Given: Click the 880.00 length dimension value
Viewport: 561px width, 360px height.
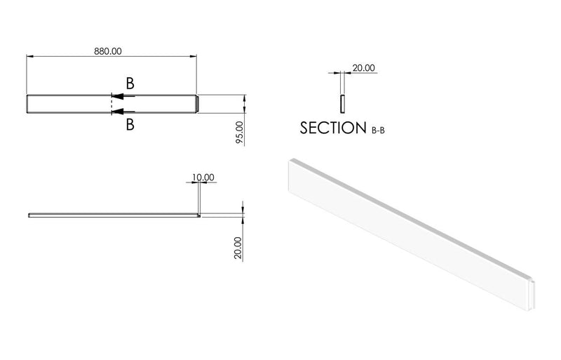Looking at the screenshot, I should click(x=108, y=51).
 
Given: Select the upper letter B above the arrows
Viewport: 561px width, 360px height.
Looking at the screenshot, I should click(x=130, y=83).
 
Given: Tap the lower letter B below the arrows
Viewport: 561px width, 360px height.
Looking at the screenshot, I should click(x=130, y=125).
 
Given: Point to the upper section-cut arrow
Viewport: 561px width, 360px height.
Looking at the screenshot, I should click(x=122, y=98).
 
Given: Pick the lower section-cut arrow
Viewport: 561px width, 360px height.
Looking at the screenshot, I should click(x=122, y=112).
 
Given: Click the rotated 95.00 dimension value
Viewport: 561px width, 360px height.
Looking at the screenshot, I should click(x=239, y=133).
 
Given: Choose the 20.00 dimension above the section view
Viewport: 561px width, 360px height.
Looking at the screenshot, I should click(x=363, y=68).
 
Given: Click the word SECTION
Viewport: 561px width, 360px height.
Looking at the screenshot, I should click(x=333, y=128).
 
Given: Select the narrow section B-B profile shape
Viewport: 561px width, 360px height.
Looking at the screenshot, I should click(x=342, y=103).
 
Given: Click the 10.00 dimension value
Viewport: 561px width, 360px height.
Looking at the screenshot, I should click(x=202, y=178).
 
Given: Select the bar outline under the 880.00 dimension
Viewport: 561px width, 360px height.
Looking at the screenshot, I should click(x=70, y=104).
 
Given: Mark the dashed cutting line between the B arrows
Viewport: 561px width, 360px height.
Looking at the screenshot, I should click(x=111, y=105).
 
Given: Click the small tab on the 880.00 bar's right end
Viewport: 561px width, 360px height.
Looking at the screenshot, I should click(x=199, y=104).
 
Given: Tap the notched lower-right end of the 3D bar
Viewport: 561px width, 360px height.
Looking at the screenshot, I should click(x=532, y=293).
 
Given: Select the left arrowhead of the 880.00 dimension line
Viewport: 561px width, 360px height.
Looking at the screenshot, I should click(x=29, y=55).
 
